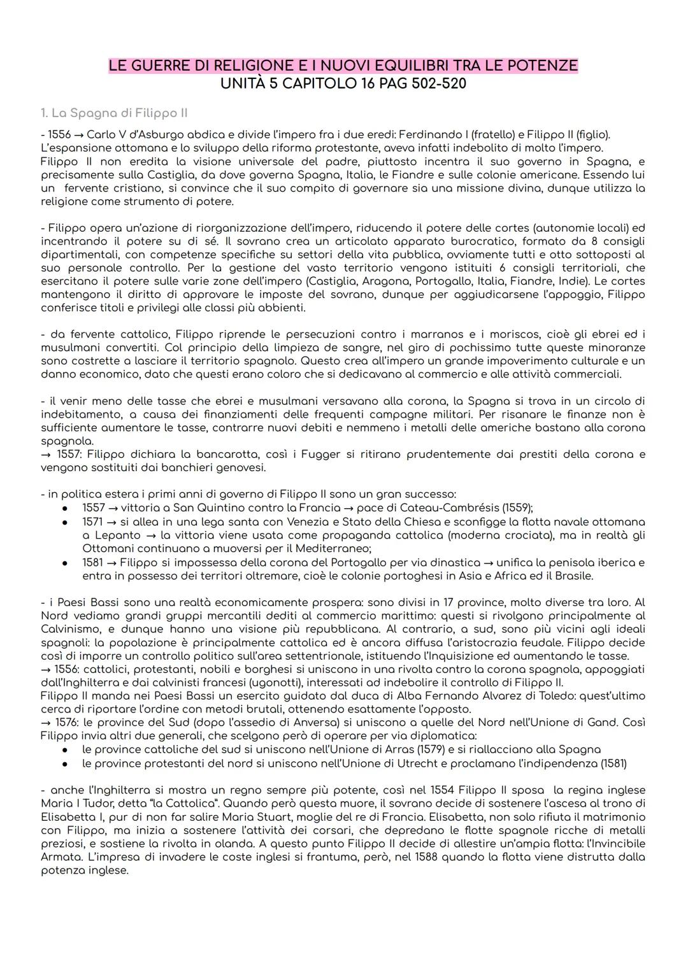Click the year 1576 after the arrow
(x=69, y=723)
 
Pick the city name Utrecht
(x=391, y=763)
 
